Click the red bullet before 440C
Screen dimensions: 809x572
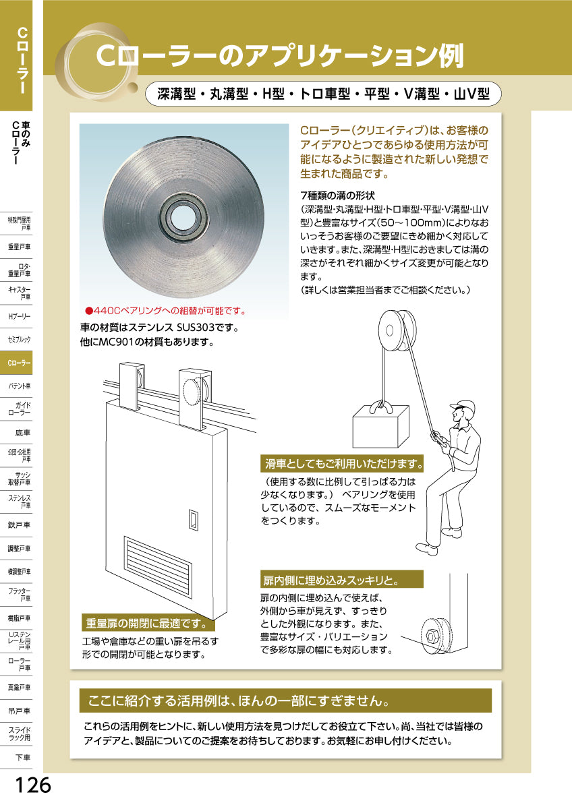click(x=88, y=311)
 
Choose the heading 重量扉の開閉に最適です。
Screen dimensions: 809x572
click(x=144, y=622)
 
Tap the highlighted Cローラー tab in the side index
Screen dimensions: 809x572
click(x=20, y=363)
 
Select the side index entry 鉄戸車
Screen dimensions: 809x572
click(x=20, y=525)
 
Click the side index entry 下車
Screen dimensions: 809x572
click(x=23, y=757)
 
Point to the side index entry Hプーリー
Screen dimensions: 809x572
click(x=20, y=316)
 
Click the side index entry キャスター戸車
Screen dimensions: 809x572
click(x=20, y=292)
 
